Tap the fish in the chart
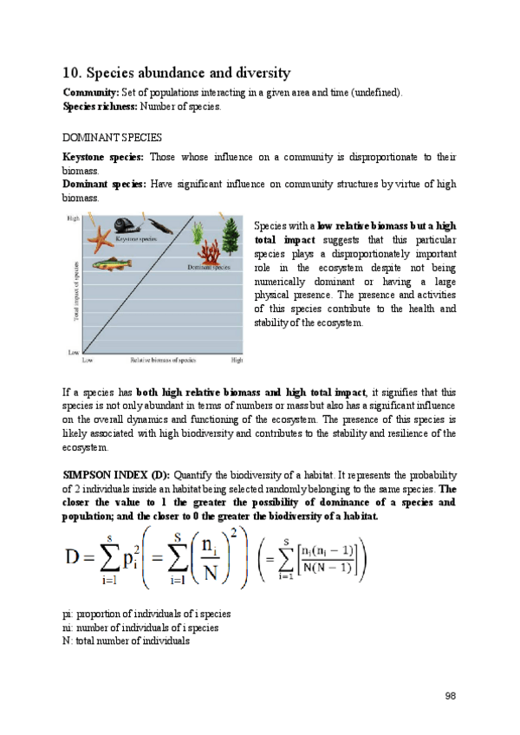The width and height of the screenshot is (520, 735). click(106, 264)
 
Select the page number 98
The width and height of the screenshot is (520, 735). click(450, 695)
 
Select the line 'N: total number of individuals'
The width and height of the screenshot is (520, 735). click(126, 641)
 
